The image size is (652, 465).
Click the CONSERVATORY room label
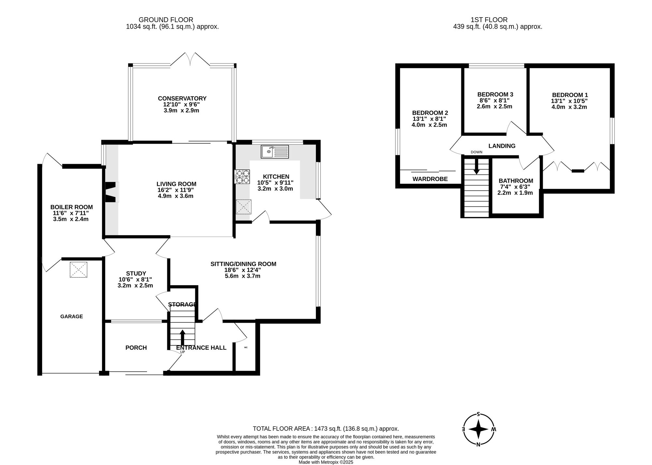point(182,98)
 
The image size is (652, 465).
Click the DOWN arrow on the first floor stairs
point(477,166)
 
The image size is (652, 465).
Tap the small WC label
point(246,347)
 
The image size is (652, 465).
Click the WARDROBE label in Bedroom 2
point(430,179)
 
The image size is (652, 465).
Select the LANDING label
point(502,146)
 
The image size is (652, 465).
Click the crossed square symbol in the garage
point(79,270)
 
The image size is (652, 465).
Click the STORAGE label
point(182,304)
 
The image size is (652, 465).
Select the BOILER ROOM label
point(71,207)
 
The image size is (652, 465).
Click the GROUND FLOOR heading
point(166,20)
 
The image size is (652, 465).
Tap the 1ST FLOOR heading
point(489,20)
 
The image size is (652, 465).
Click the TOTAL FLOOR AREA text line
point(326,429)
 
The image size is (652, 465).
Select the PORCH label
point(136,348)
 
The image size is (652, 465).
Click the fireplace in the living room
point(111,192)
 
